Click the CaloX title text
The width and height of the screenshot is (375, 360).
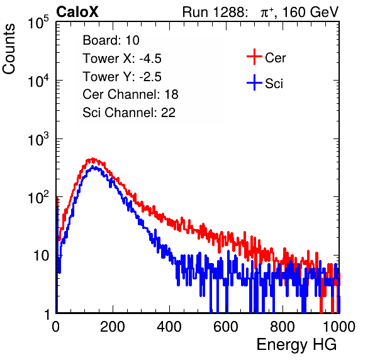(x=77, y=12)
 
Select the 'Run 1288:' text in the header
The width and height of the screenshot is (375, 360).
(x=214, y=12)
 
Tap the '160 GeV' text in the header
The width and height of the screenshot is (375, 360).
(x=310, y=12)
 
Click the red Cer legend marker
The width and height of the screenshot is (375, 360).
(x=254, y=57)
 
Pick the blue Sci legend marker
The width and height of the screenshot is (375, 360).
(x=254, y=82)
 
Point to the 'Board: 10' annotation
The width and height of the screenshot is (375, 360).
(x=111, y=40)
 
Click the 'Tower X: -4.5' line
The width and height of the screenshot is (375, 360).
(x=122, y=59)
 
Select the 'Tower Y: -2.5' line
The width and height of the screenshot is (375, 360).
(x=122, y=77)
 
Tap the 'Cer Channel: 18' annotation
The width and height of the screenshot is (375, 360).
(x=130, y=94)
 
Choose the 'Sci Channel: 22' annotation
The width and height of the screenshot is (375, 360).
(x=129, y=113)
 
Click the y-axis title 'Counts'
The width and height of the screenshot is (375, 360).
(x=9, y=49)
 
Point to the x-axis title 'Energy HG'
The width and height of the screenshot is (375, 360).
(x=296, y=345)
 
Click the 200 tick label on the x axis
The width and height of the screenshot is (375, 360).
(x=113, y=327)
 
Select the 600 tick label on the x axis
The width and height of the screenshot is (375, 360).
(x=226, y=327)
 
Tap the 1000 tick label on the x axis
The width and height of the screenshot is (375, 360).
(x=339, y=327)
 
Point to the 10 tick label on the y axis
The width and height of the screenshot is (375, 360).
(x=41, y=256)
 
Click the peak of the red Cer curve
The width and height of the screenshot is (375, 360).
(x=92, y=159)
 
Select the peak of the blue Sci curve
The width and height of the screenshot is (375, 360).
(x=94, y=167)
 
